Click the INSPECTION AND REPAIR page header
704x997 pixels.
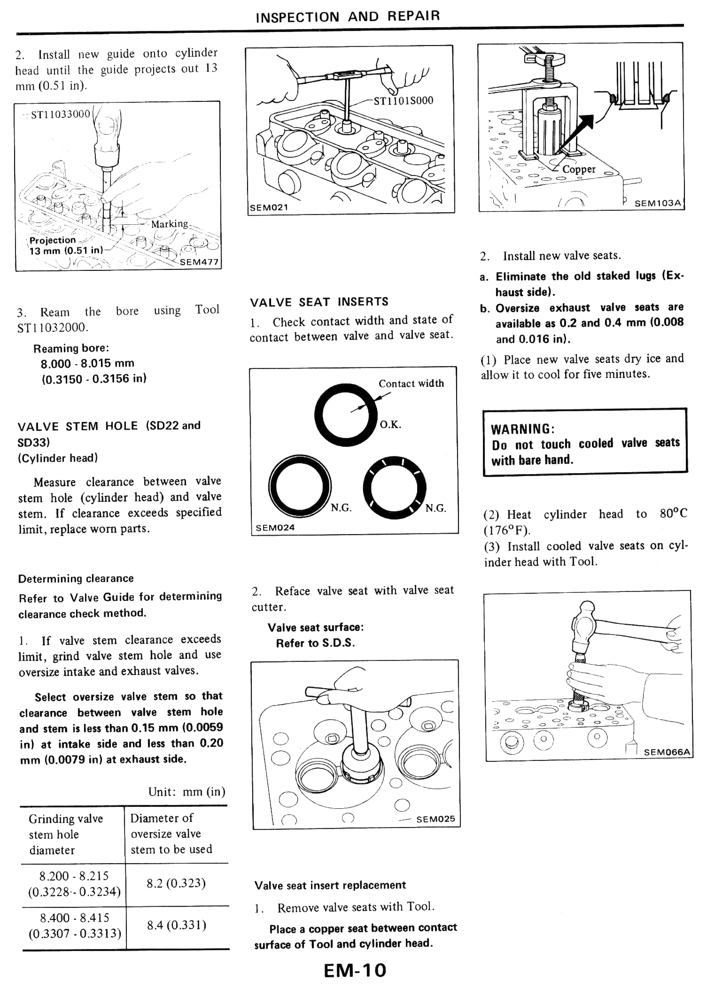(348, 16)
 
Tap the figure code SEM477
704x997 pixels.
(199, 262)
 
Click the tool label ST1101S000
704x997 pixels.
(403, 101)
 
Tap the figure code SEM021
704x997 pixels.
(269, 208)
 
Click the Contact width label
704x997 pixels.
(411, 383)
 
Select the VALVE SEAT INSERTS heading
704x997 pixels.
(319, 302)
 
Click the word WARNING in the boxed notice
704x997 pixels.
(522, 429)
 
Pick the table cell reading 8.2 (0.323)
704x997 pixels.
(176, 884)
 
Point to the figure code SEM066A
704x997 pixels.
(667, 752)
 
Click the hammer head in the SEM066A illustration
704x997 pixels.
(584, 625)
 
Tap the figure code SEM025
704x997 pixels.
(435, 819)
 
